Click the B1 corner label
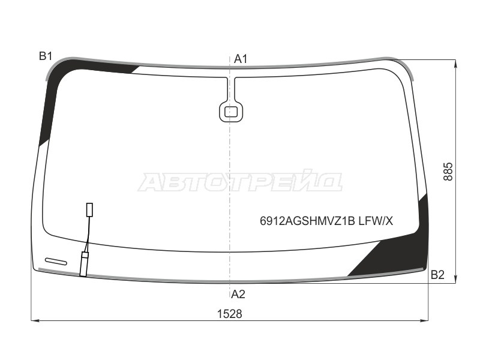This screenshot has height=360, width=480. coord(46,56)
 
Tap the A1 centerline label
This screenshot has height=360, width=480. coord(241,59)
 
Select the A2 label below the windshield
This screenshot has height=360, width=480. coord(238,294)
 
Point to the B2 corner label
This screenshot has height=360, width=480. coord(437,275)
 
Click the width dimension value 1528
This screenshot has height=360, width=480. coord(230,314)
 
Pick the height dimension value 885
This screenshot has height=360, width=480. coord(448,172)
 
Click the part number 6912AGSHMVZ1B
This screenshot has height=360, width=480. coord(307,221)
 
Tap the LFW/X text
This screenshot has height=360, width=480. coord(376,221)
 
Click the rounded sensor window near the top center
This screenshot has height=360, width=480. coord(231,112)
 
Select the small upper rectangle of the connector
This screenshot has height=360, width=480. coord(89,209)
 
